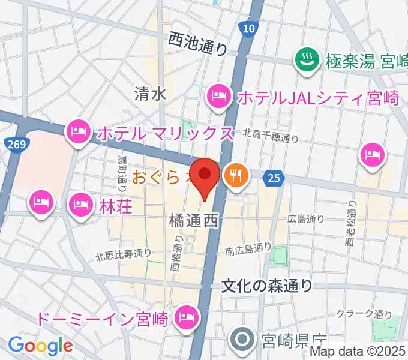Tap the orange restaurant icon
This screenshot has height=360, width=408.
point(233,175)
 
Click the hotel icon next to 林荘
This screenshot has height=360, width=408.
point(80,204)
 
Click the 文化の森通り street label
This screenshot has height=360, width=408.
point(267,286)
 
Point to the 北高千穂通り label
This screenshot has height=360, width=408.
point(270,137)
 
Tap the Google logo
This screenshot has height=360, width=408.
point(40,345)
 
